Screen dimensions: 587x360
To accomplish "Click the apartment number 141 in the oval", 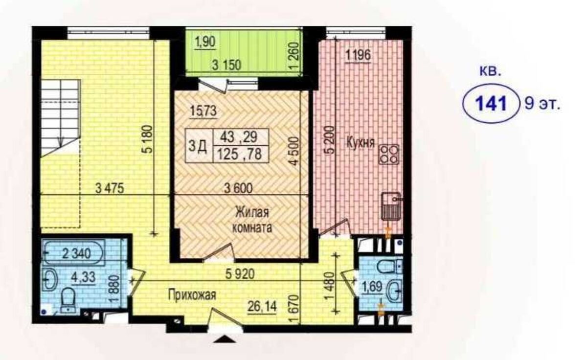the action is click(491, 104).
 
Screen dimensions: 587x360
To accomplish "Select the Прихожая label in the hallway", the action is click(192, 295).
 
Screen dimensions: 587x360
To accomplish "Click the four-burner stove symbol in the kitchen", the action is click(388, 155).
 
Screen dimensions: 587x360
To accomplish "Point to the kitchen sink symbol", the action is click(390, 205).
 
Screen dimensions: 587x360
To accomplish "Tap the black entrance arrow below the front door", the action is click(225, 339).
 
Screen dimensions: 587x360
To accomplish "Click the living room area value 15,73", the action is click(203, 112).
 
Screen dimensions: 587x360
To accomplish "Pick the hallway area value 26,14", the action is click(262, 306).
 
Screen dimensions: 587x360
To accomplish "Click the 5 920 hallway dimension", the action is click(240, 274).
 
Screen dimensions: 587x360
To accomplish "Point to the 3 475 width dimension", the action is click(110, 188).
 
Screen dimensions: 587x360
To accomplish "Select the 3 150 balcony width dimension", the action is click(226, 65).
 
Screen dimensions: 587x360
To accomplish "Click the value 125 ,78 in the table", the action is click(240, 154).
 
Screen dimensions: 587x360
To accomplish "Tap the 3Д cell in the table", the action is click(198, 146).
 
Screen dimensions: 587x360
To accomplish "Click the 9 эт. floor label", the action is click(542, 104).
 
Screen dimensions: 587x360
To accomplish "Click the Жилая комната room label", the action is click(252, 220).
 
